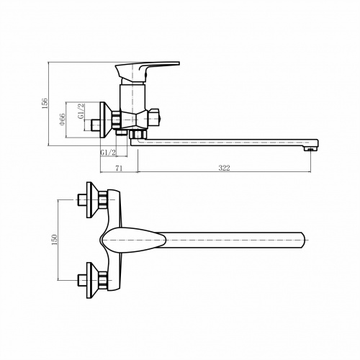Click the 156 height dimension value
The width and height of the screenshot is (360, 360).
(45, 103)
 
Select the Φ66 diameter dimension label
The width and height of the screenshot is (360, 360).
(62, 120)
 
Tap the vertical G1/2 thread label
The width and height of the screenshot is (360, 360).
(81, 111)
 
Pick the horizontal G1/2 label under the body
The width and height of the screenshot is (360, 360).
(108, 152)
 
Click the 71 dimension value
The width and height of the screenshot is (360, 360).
(120, 168)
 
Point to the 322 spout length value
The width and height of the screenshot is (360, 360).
(224, 168)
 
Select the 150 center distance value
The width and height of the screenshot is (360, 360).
(55, 240)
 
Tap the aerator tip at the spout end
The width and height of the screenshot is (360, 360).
(310, 149)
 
